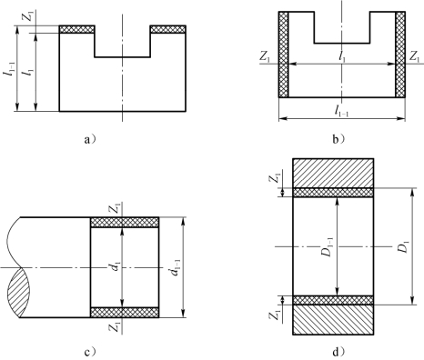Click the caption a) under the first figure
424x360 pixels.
tap(90, 139)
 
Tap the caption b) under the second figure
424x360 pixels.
tap(339, 139)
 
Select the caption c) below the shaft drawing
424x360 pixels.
tap(90, 353)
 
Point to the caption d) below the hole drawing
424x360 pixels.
tap(339, 352)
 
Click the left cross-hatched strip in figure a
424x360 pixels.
tap(76, 29)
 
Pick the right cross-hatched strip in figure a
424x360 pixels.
tap(168, 29)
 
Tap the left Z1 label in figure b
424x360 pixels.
tap(265, 56)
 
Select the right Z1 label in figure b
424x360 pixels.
tap(414, 56)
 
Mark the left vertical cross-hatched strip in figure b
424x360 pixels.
tap(283, 55)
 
